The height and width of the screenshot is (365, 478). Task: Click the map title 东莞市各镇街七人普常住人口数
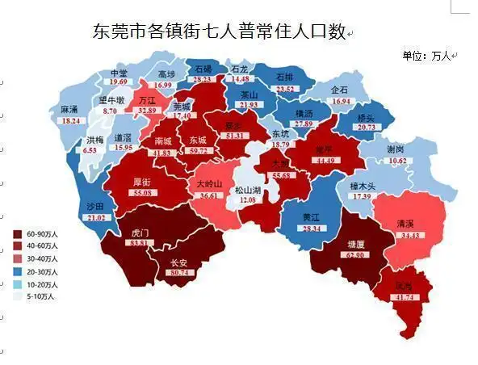tap(220, 32)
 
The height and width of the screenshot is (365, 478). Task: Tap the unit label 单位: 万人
tap(427, 56)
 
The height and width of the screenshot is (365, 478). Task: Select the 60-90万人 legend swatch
tap(19, 234)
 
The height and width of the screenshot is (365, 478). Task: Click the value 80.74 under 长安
tap(178, 273)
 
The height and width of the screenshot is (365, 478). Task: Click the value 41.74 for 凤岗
tap(404, 297)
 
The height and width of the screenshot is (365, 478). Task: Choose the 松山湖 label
tap(248, 190)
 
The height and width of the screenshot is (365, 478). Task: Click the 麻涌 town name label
tap(69, 109)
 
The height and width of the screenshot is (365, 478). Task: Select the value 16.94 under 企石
tap(341, 102)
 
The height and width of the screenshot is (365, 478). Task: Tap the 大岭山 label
tap(209, 184)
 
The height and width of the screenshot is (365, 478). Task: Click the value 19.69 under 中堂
tap(119, 82)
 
